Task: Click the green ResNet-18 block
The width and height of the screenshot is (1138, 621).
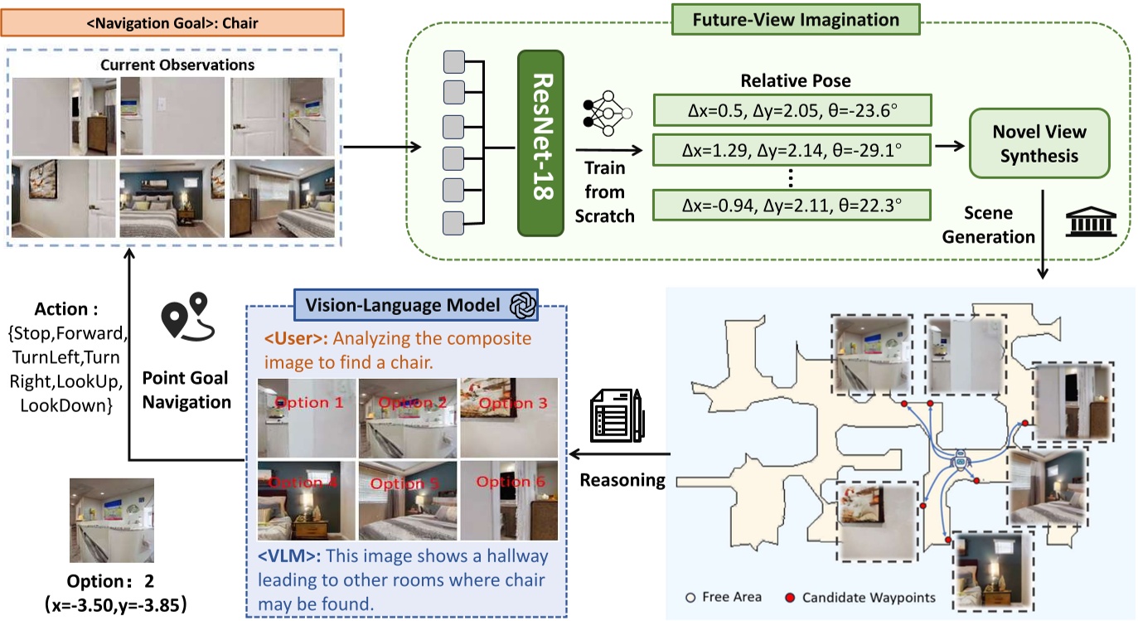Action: [540, 142]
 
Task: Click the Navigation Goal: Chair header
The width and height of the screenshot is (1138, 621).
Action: [172, 23]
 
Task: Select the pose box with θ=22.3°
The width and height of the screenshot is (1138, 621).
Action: [792, 204]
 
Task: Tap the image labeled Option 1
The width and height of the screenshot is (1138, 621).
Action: [308, 418]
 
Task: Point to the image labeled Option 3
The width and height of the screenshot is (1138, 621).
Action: [507, 418]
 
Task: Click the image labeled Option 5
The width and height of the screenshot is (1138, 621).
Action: [407, 498]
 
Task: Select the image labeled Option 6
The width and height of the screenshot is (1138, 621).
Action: [507, 498]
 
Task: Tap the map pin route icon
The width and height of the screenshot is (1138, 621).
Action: [186, 318]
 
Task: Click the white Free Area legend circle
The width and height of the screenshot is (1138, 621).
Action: [690, 597]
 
